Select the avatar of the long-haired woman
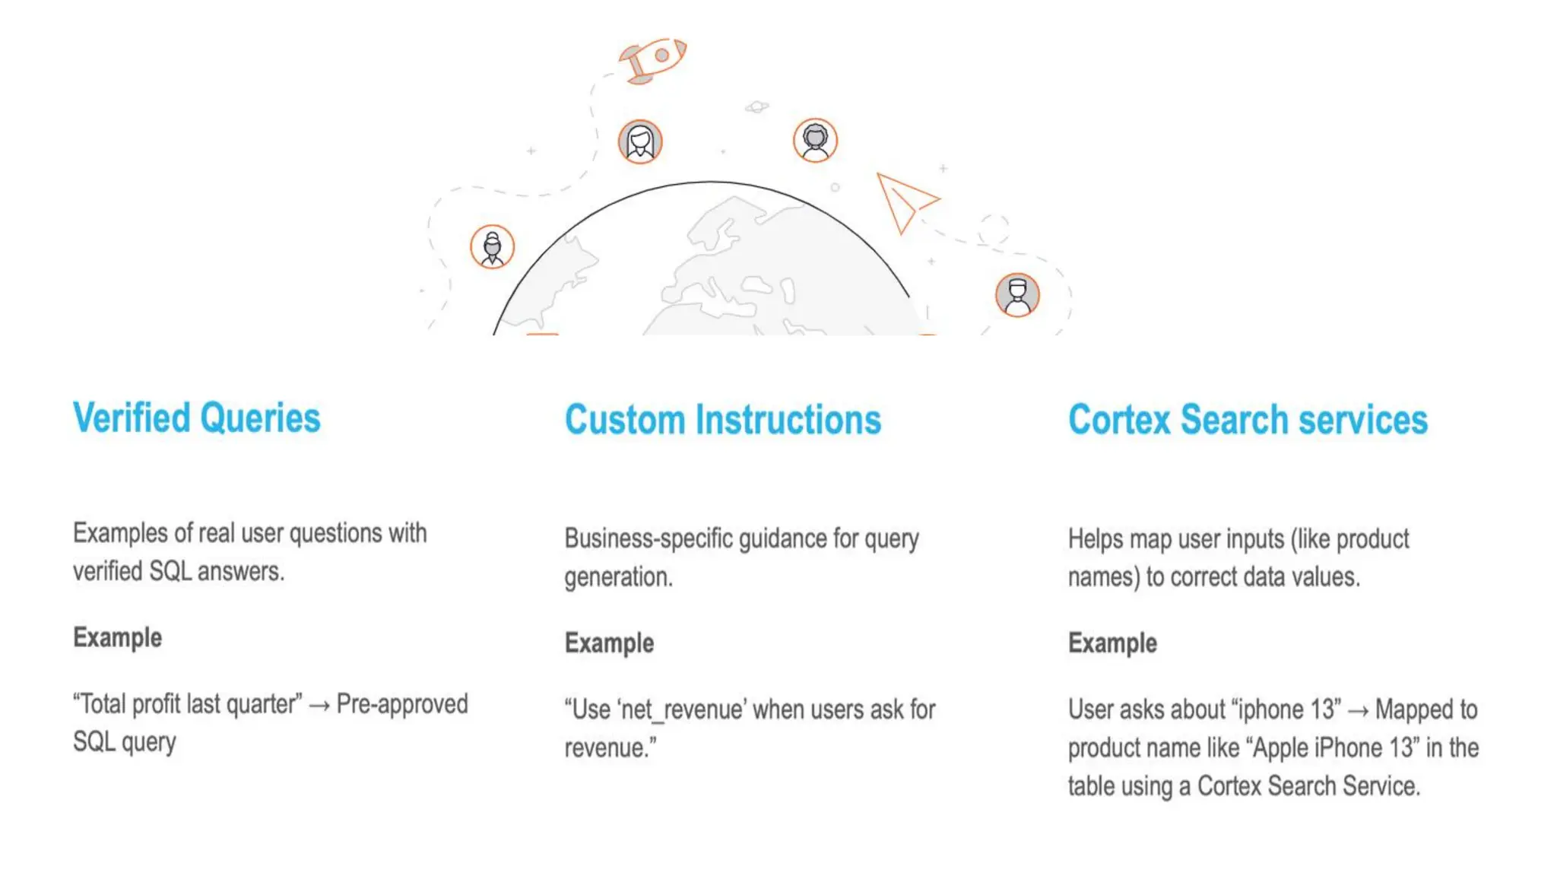(x=640, y=141)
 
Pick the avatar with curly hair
(x=815, y=140)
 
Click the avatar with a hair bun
(x=492, y=247)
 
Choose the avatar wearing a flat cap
(x=1017, y=295)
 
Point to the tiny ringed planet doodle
(x=756, y=106)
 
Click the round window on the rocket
(x=661, y=55)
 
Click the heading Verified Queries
(x=197, y=417)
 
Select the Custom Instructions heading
(x=722, y=420)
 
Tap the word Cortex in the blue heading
(x=1119, y=420)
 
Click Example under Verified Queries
(x=117, y=637)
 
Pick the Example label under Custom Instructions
(x=609, y=643)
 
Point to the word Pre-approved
(x=402, y=704)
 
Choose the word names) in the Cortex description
(x=1104, y=577)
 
